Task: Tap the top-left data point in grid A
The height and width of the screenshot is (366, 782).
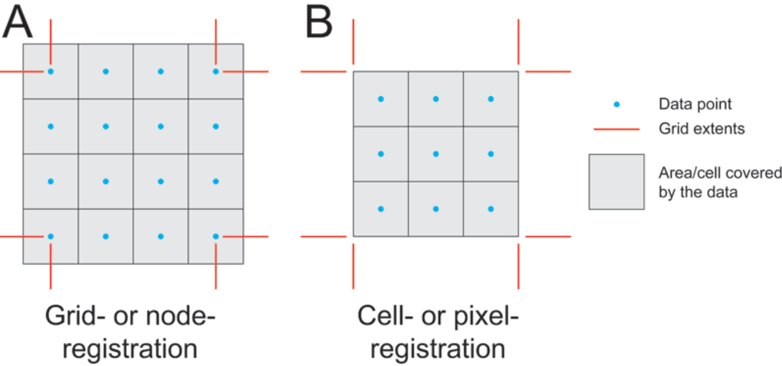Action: (50, 71)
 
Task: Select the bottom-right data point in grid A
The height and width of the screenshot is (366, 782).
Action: (216, 236)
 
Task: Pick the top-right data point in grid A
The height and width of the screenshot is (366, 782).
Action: (216, 71)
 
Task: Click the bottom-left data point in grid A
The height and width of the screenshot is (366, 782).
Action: (50, 236)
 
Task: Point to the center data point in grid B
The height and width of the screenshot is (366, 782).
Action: (435, 154)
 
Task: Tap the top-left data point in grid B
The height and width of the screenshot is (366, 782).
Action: (381, 99)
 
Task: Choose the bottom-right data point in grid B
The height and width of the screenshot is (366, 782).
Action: (490, 209)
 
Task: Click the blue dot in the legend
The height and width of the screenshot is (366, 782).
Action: (617, 104)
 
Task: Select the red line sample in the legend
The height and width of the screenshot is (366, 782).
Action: (617, 129)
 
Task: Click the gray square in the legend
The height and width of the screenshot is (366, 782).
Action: (616, 182)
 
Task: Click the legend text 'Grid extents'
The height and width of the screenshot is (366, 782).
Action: (696, 129)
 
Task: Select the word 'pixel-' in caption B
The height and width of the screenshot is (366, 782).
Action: (483, 317)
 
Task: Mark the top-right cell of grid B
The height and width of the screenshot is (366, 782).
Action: (490, 99)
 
